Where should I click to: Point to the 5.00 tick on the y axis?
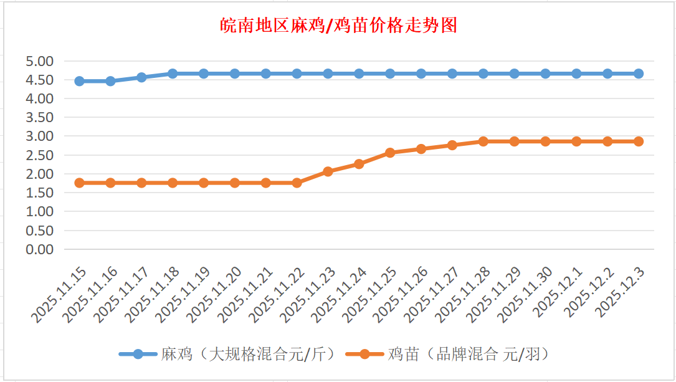coord(40,61)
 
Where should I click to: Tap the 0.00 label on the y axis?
coord(40,249)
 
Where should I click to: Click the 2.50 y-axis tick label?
coord(40,155)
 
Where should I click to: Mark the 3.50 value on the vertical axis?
coord(40,117)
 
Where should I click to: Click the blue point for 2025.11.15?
coord(79,81)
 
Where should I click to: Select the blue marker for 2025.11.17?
coord(141,77)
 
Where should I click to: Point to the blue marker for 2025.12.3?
coord(639,74)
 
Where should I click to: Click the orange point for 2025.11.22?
coord(297,183)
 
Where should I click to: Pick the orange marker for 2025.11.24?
coord(359,164)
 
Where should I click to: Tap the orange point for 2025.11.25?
coord(390,153)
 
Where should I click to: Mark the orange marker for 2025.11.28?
coord(483,141)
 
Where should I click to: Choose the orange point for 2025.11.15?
coord(79,183)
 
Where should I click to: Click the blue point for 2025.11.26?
coord(421,74)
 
